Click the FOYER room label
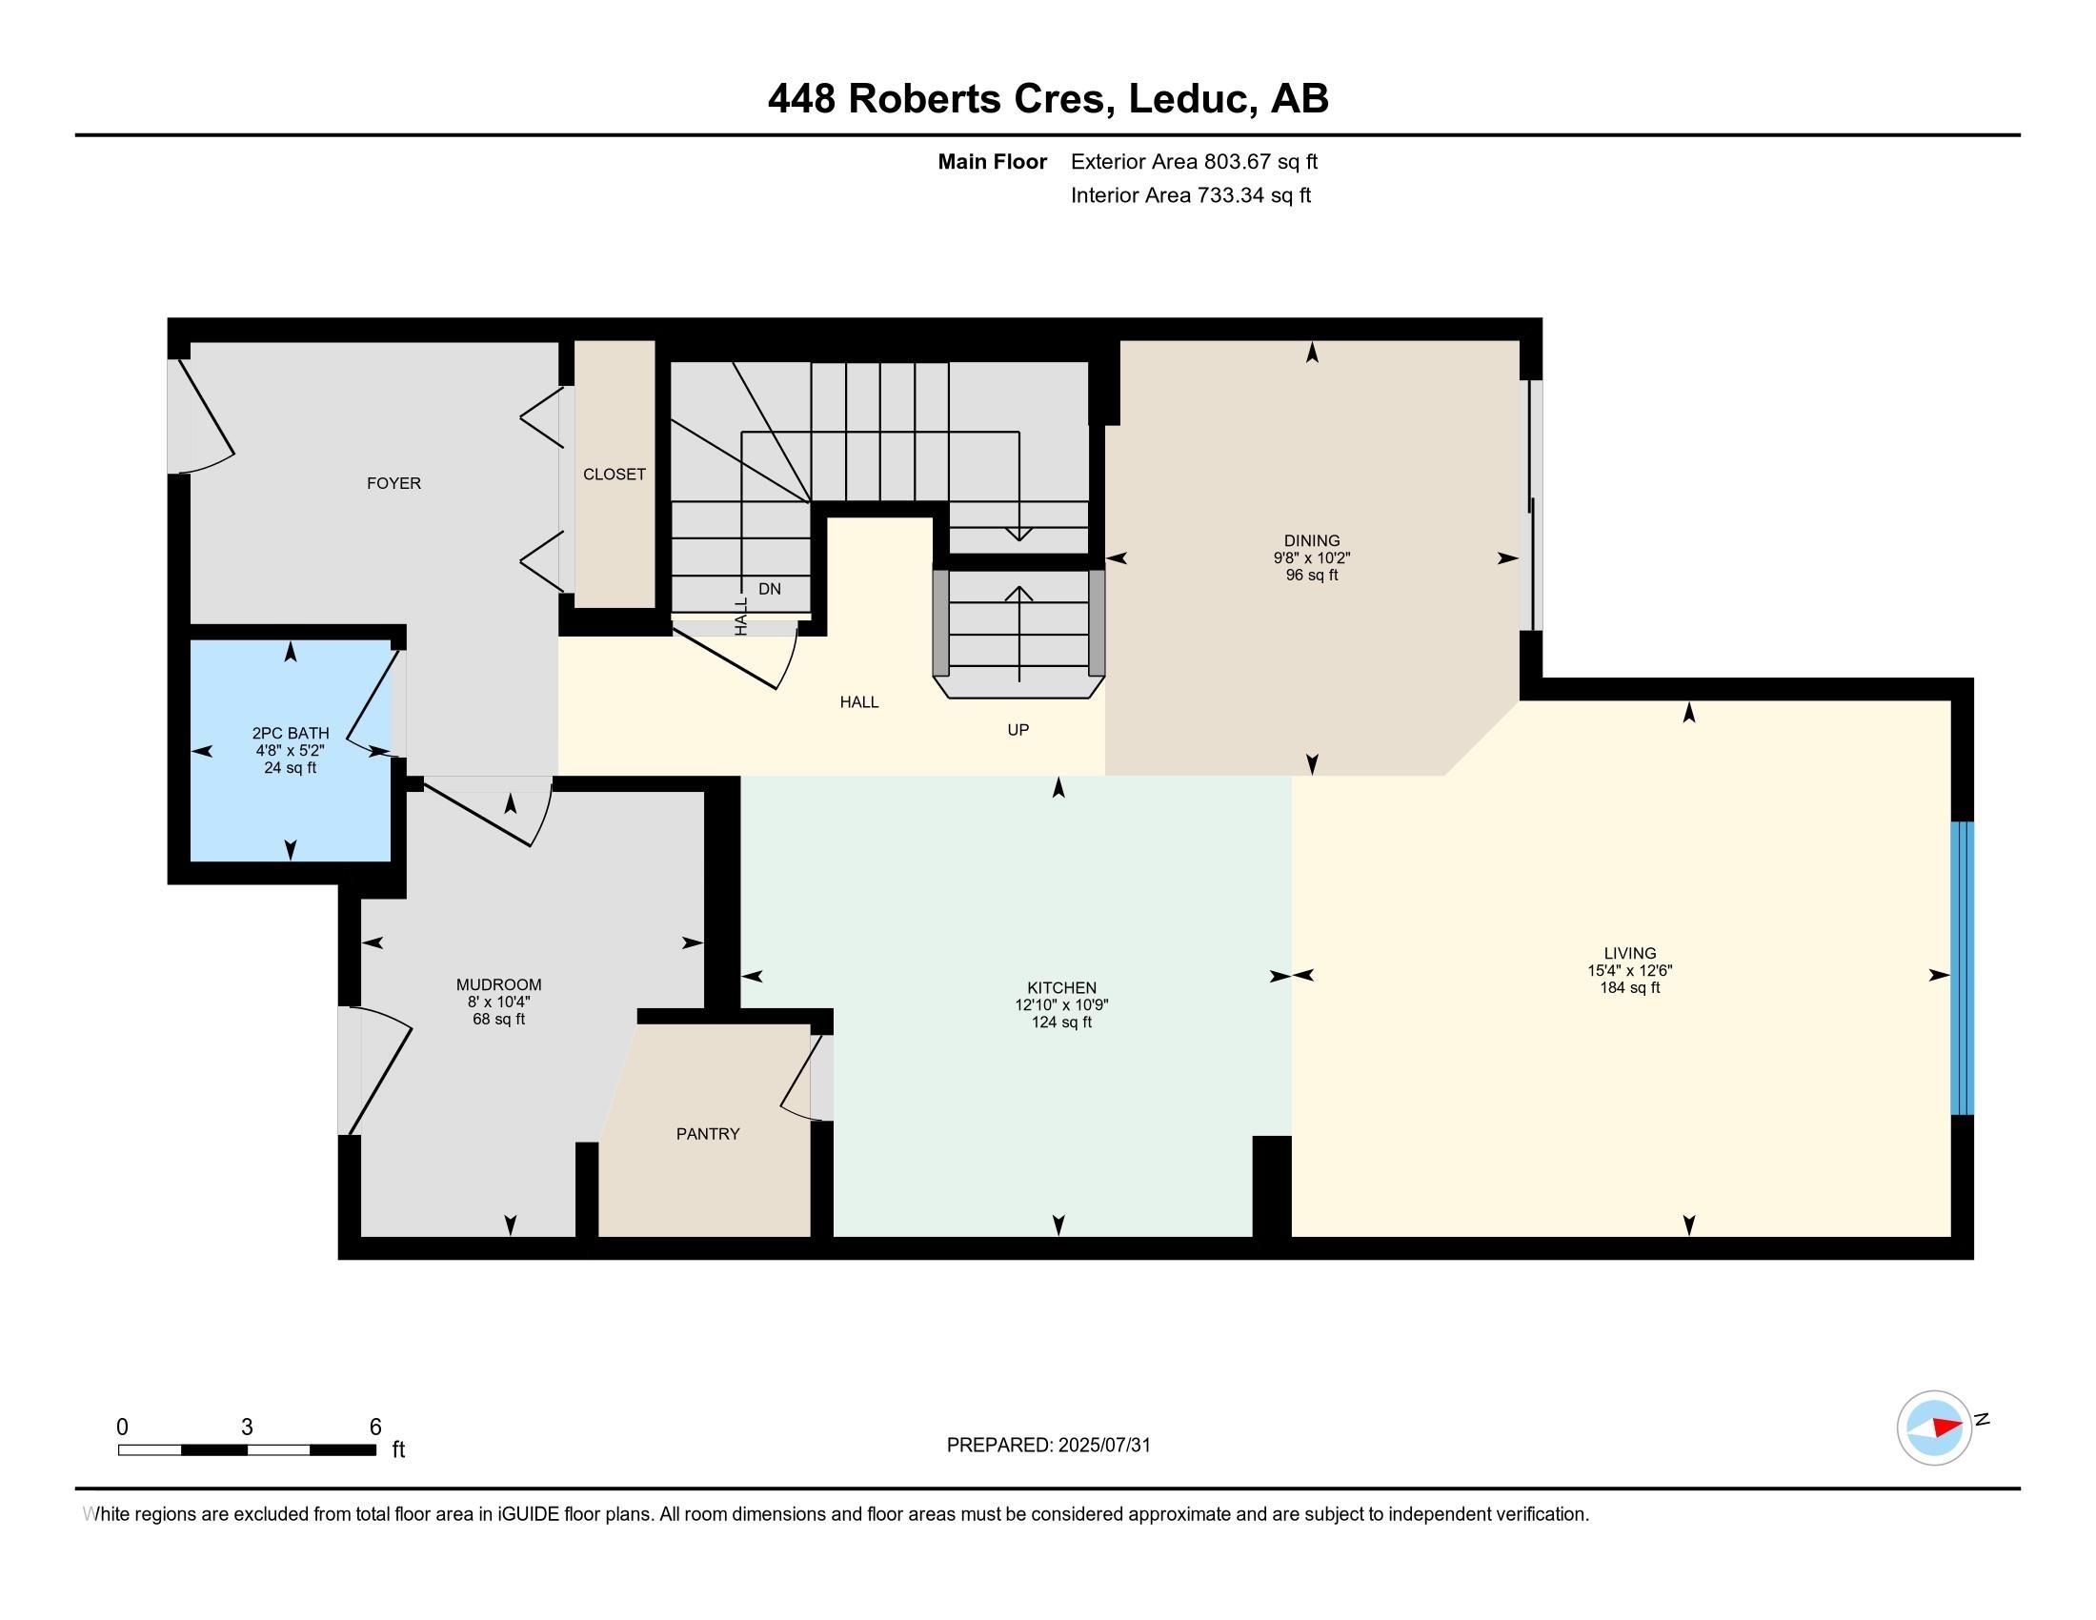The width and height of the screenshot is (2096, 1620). coord(393,483)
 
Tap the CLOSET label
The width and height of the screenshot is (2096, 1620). coord(615,475)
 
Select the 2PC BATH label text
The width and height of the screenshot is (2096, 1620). coord(290,733)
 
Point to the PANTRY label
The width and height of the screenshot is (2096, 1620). coord(708,1133)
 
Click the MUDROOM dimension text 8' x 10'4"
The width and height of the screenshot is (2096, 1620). coord(499,1002)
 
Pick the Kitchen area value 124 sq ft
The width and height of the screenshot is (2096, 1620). coord(1061,1023)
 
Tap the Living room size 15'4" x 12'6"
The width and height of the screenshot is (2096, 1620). coord(1629,970)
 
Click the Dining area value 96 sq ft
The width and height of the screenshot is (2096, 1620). coord(1312,575)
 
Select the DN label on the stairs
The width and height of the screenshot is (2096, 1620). coord(770,589)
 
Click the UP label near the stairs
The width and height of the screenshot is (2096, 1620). coord(1018,729)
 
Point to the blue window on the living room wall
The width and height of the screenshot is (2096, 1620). coord(1963,967)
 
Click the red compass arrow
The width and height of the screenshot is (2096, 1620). coord(1947,1427)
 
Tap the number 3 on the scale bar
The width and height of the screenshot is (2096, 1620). coord(247,1428)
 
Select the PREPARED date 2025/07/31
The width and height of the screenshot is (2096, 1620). coord(1103,1446)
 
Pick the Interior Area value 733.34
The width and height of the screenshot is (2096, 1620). coord(1227,194)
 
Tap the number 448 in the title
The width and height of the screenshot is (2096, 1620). coord(801,99)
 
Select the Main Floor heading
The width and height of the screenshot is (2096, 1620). coord(993,161)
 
